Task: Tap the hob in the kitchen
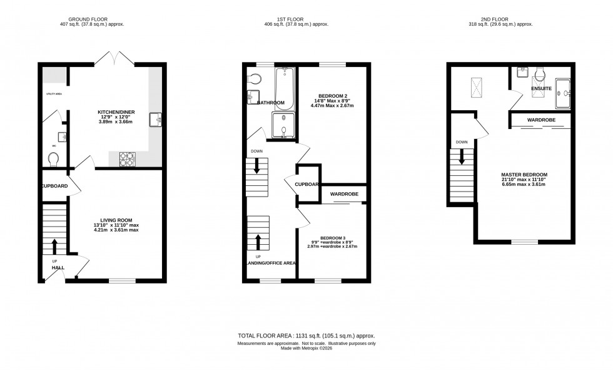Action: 128,160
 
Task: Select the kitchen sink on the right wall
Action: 156,119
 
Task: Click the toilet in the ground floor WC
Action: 53,160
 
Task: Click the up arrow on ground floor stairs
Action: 54,245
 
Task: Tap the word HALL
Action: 58,268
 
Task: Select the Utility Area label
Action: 54,94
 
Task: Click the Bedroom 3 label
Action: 333,238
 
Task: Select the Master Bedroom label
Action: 524,175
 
